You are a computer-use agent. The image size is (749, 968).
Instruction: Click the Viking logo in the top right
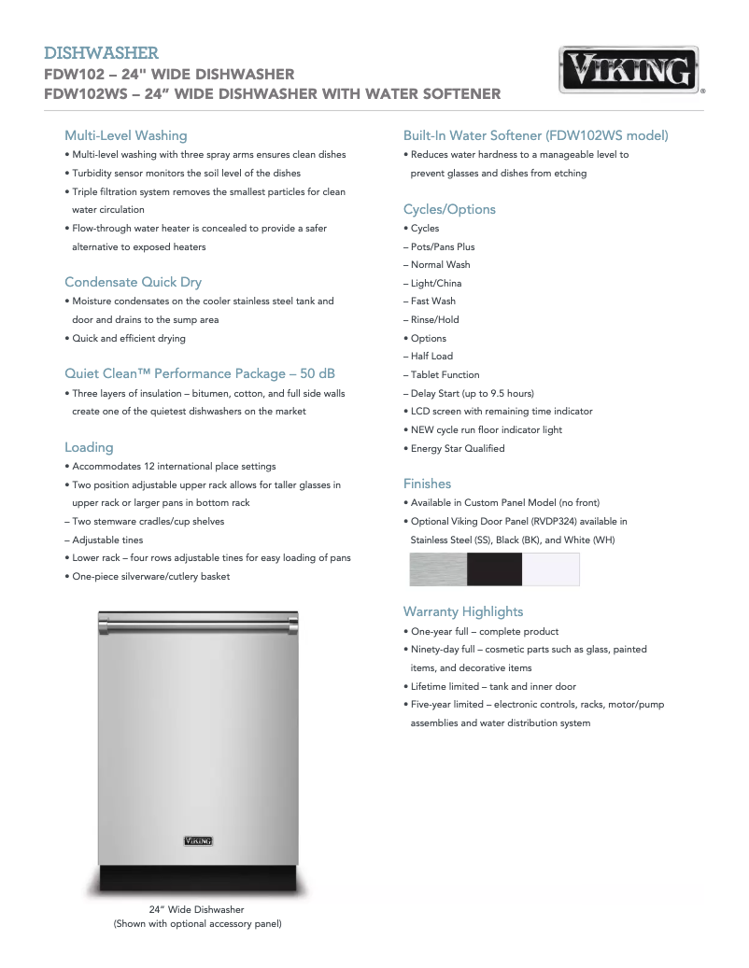(629, 70)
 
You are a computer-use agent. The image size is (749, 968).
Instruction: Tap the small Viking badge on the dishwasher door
(198, 841)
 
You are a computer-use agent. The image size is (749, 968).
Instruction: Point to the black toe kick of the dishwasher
(198, 877)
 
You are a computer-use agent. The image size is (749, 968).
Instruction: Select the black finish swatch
(494, 569)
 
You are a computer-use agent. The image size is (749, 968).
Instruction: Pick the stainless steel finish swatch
(438, 569)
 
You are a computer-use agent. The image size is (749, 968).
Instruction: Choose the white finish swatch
(551, 569)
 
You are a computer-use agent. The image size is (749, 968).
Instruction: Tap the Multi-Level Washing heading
(125, 135)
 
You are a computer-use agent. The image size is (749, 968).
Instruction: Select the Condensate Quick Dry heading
(133, 282)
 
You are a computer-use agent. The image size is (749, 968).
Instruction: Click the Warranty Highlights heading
(462, 611)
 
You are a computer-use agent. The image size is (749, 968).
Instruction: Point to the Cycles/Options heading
(449, 209)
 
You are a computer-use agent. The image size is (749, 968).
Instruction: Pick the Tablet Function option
(445, 374)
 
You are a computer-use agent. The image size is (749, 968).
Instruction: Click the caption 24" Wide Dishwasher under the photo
(197, 909)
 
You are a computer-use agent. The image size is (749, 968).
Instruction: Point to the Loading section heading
(89, 447)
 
